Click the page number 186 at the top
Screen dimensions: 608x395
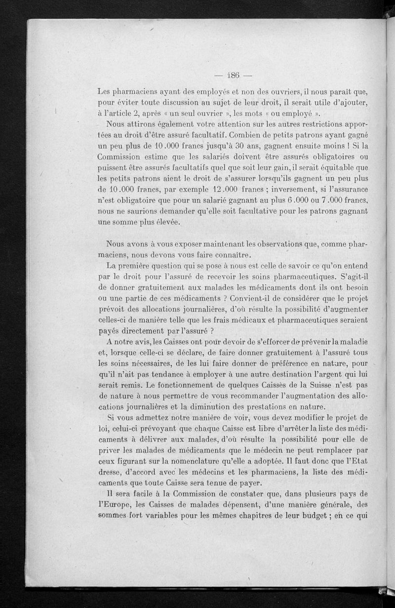(x=231, y=76)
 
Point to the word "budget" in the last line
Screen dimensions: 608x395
(x=308, y=516)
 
